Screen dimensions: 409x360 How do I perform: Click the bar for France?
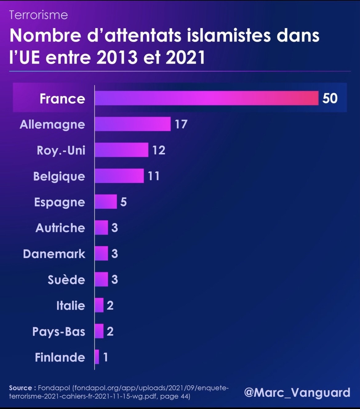pos(206,98)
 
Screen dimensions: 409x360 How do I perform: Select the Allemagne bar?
pos(133,124)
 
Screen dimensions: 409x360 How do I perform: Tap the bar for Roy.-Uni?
pos(122,150)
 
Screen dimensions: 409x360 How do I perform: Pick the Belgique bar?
pos(119,176)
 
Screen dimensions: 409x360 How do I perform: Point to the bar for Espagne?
pos(106,202)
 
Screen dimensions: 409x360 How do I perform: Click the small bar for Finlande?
pos(97,357)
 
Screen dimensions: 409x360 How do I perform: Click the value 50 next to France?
pos(330,98)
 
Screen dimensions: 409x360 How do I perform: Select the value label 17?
pos(181,124)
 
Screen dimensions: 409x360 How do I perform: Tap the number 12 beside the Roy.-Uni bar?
pos(159,150)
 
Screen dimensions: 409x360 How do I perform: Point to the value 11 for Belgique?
pos(154,176)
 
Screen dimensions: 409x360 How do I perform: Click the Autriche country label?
pos(60,228)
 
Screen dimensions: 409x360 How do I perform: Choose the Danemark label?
pos(54,254)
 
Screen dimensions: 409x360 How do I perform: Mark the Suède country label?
pos(66,280)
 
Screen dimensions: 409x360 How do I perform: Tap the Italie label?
pos(70,306)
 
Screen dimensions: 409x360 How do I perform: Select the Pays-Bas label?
pos(59,332)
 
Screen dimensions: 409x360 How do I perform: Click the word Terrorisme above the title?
pos(38,15)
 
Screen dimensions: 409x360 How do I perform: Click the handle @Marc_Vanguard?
pos(297,392)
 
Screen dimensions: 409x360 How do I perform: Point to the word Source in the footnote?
pos(21,388)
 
